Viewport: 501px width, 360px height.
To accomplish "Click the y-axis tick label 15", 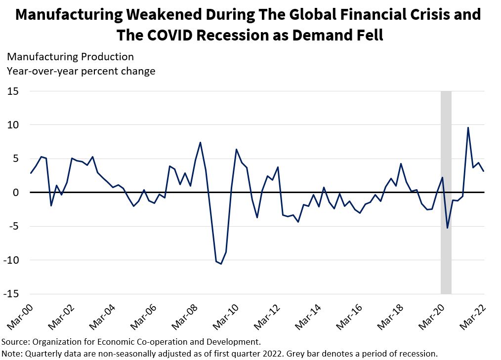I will pyautogui.click(x=12, y=91).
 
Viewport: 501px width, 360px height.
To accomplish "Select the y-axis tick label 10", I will pyautogui.click(x=12, y=125).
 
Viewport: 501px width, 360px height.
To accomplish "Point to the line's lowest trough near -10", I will pyautogui.click(x=221, y=264).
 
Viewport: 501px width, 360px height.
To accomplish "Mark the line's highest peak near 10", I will pyautogui.click(x=468, y=127).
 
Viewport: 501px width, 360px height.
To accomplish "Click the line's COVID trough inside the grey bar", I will pyautogui.click(x=448, y=228).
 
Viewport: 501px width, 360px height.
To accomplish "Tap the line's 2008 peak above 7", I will pyautogui.click(x=200, y=142).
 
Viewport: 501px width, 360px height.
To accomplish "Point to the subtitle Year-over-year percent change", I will pyautogui.click(x=81, y=71).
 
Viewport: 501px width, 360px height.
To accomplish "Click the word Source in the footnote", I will pyautogui.click(x=14, y=342).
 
